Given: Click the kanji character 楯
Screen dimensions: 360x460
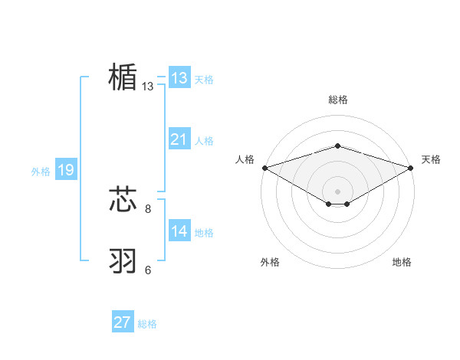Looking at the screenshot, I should (123, 78).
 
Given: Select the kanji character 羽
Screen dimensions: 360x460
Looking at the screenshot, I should (123, 261).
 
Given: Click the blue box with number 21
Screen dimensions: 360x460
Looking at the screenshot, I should (179, 139).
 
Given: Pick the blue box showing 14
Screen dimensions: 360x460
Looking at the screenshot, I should (179, 231).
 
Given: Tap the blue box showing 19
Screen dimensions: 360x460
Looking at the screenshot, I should (65, 170).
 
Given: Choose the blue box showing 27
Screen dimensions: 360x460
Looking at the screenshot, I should (122, 322).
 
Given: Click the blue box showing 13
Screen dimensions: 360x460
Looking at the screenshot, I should (179, 78).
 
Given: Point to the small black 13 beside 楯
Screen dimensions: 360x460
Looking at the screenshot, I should (148, 87).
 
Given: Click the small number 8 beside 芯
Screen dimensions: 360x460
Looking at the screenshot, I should (148, 208).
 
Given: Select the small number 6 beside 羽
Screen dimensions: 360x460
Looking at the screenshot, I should (148, 270).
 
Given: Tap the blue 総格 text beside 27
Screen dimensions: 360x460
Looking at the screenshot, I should (147, 324).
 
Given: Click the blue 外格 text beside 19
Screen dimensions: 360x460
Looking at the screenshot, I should (41, 172).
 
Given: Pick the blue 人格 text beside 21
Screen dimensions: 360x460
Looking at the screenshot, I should (204, 141).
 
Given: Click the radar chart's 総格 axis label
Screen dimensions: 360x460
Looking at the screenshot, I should (338, 100).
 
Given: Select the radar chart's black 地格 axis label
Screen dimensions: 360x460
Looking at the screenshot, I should (402, 262).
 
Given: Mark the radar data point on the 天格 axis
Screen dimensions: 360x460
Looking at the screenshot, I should (411, 167).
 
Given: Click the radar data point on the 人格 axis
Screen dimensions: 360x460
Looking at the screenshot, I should (264, 167).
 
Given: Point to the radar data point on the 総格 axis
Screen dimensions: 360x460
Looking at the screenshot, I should (338, 146).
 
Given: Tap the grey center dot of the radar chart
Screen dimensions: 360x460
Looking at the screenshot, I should (338, 191).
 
